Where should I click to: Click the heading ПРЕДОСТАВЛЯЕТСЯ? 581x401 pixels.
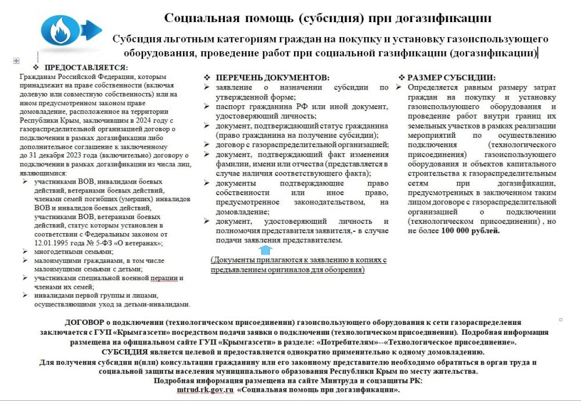click(86, 67)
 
